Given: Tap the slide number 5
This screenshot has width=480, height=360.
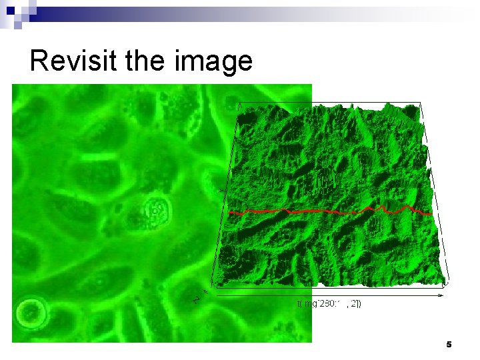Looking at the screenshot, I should (449, 345).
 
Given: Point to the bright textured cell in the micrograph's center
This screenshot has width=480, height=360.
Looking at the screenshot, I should (156, 212).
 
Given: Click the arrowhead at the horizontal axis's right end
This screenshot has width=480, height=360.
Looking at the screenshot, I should (442, 294).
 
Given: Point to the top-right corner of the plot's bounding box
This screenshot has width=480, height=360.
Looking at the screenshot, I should (421, 103).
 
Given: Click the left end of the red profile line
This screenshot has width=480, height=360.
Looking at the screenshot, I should (229, 212).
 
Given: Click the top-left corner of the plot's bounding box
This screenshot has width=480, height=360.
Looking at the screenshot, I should (238, 103).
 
